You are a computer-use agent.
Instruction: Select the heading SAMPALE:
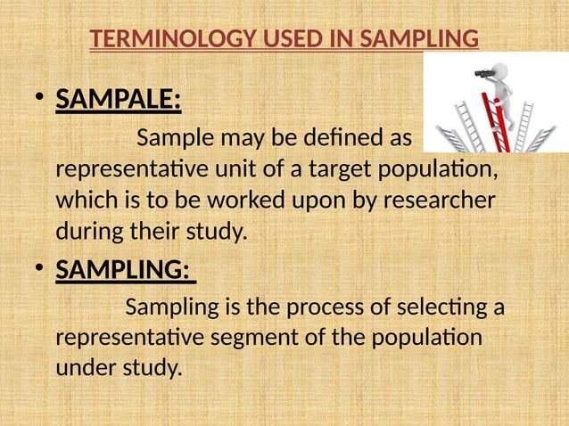(119, 101)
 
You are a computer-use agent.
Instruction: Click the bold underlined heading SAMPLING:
(125, 268)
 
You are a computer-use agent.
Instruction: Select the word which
(85, 201)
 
